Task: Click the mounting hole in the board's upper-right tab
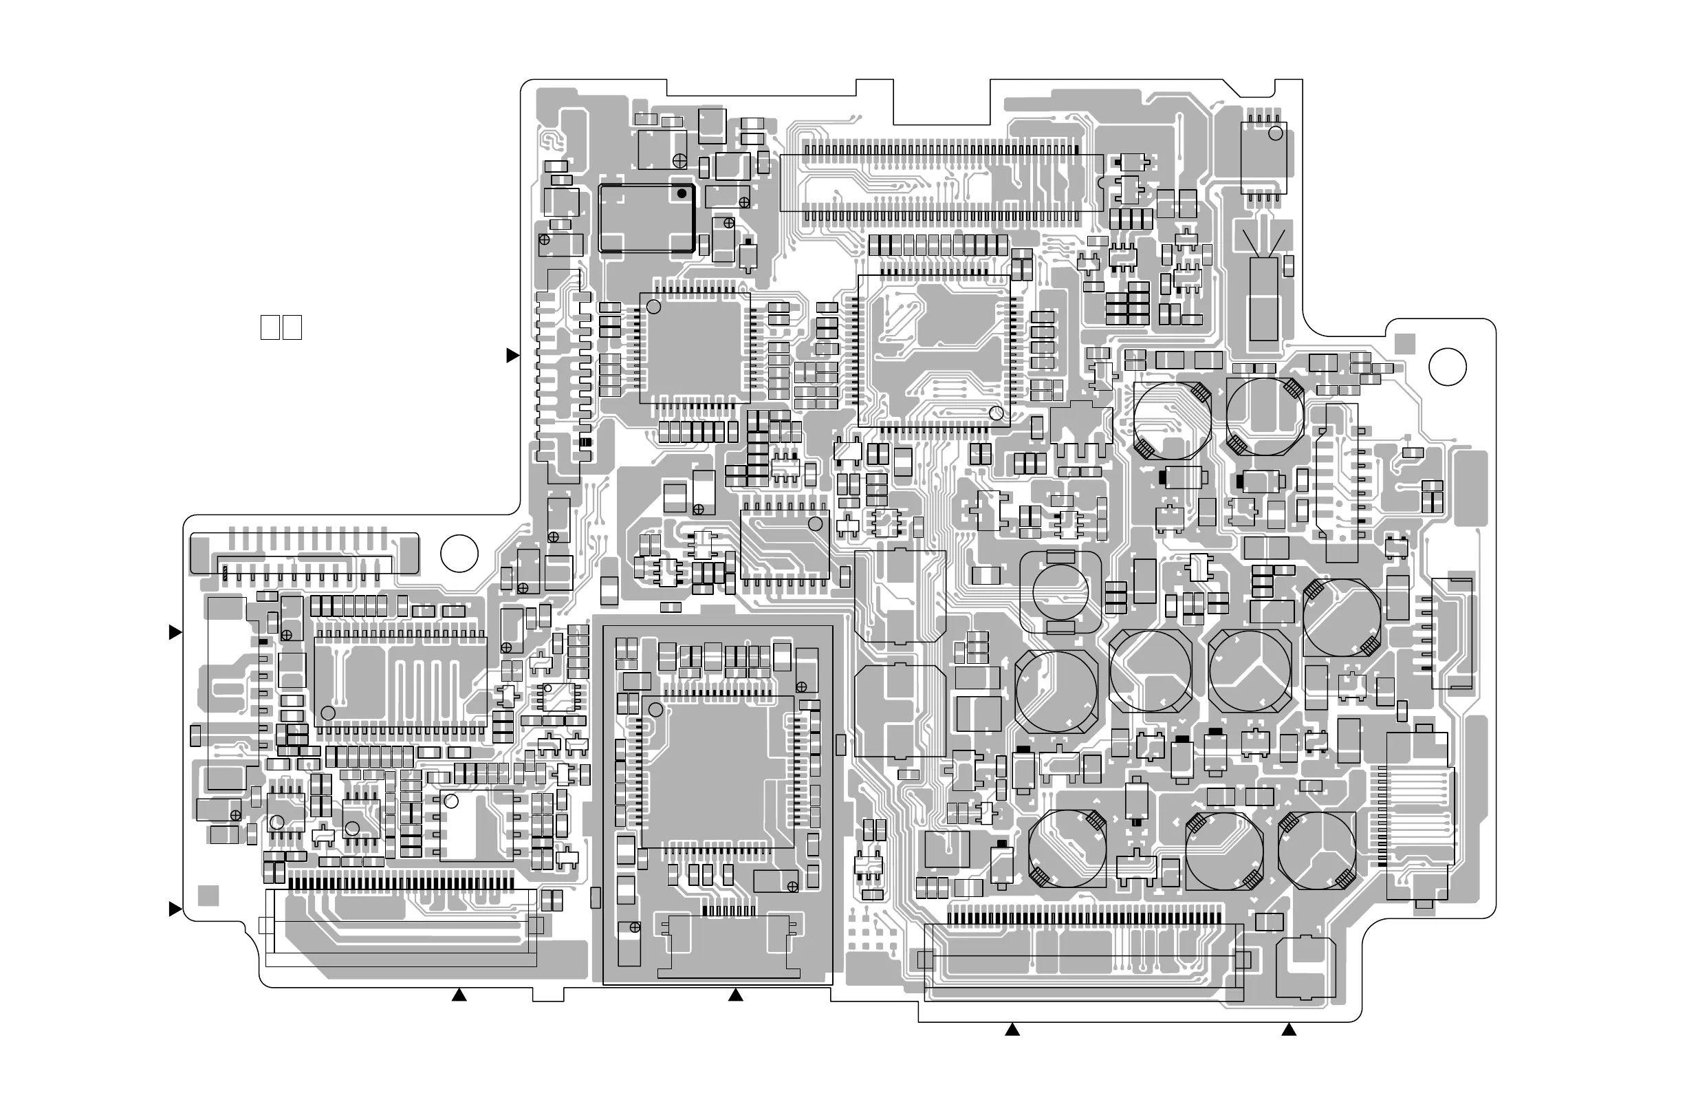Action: (x=1448, y=367)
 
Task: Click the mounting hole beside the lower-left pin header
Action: (x=459, y=554)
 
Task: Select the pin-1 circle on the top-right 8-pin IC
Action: (x=1275, y=133)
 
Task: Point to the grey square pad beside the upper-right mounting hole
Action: (x=1405, y=344)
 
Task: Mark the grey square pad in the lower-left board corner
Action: (x=208, y=895)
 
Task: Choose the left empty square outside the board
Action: (x=270, y=327)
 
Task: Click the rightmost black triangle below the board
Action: (x=1289, y=1030)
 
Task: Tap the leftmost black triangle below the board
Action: (x=459, y=996)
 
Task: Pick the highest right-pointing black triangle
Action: (x=512, y=356)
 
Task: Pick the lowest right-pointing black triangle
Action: (x=175, y=909)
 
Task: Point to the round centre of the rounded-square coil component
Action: (x=1060, y=589)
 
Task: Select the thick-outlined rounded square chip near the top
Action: (x=646, y=218)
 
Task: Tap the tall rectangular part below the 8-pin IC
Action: (x=1263, y=299)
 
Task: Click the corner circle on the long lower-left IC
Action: (x=328, y=713)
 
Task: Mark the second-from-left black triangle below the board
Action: (x=736, y=996)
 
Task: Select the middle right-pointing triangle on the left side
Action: (x=175, y=632)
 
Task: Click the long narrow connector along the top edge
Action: (x=942, y=182)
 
